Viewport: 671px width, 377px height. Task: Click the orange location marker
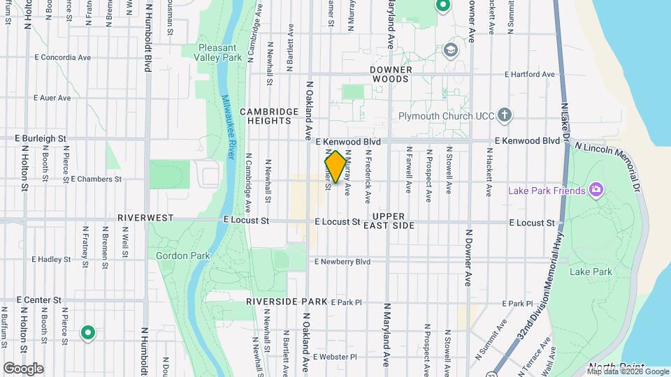tap(335, 168)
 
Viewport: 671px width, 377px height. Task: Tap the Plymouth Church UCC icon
tap(505, 114)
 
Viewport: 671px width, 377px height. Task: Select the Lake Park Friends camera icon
tap(596, 189)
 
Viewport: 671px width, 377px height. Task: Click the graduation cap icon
tap(451, 50)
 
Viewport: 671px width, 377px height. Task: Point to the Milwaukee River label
tap(229, 125)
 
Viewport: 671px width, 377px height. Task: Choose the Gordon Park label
tap(182, 256)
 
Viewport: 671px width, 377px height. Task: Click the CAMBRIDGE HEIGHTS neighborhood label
tap(265, 116)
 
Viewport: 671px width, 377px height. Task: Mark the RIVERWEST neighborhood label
tap(145, 218)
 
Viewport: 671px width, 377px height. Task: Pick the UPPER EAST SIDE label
tap(394, 221)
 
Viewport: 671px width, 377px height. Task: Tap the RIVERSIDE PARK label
tap(287, 302)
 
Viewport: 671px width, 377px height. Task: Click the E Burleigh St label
tap(42, 139)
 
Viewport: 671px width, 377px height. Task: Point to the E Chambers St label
tap(96, 179)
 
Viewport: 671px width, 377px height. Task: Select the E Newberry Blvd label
tap(342, 262)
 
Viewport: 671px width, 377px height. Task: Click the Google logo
tap(23, 368)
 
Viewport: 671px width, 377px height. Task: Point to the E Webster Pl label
tap(335, 357)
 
